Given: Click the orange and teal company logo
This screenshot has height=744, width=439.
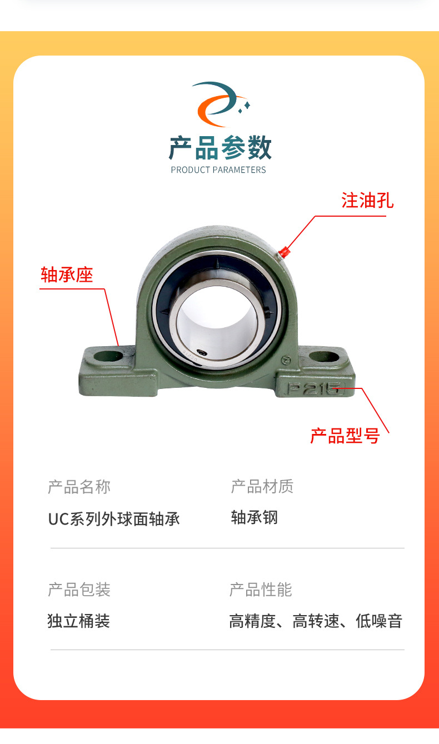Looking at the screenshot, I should click(x=220, y=104).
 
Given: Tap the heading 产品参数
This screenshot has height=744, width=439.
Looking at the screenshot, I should click(x=220, y=148).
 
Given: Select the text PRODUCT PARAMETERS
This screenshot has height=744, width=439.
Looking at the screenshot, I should click(x=218, y=170).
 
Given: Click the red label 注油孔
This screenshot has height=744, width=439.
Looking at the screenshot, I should click(x=367, y=201).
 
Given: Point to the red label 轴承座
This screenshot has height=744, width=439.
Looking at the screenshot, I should click(x=67, y=274).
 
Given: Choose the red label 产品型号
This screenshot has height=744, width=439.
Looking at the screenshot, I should click(x=345, y=436).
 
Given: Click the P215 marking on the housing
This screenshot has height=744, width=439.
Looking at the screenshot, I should click(x=312, y=388).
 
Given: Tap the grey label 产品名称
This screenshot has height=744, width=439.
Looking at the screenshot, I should click(x=79, y=487).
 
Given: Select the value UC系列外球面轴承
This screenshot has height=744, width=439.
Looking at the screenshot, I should click(x=114, y=519).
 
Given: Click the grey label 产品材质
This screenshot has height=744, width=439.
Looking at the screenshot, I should click(x=262, y=487).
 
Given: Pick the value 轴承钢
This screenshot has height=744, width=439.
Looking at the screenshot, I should click(x=254, y=518).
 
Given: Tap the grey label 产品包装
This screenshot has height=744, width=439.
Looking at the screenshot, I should click(x=79, y=590).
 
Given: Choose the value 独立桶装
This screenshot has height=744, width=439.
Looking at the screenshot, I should click(x=79, y=621).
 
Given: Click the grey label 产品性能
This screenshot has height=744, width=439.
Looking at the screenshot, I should click(x=261, y=590).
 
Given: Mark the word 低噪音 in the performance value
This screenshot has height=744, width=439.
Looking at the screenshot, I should click(x=379, y=621).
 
